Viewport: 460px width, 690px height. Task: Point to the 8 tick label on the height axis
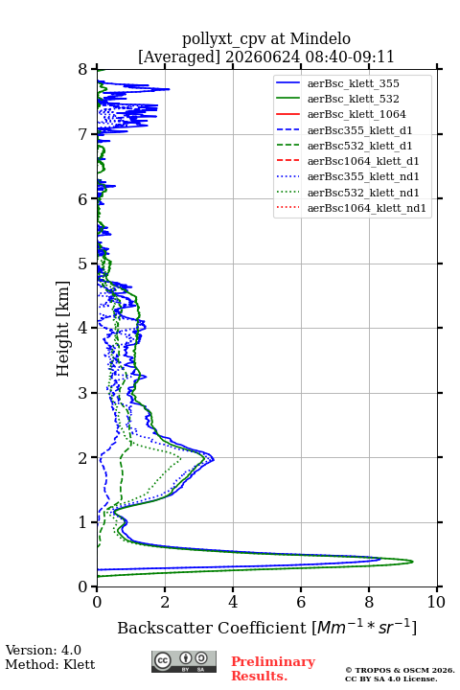(83, 70)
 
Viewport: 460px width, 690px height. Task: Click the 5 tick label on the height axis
(83, 264)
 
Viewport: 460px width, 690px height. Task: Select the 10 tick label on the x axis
(436, 602)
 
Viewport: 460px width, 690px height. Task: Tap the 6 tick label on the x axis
(301, 602)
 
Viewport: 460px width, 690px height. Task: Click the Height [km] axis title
(63, 329)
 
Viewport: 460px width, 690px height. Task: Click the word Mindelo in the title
(320, 38)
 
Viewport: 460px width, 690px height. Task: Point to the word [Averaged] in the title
(179, 57)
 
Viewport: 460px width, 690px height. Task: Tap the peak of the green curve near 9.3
(413, 562)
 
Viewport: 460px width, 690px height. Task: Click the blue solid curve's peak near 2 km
(214, 460)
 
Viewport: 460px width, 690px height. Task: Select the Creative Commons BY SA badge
(184, 661)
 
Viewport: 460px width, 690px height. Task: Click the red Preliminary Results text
(273, 669)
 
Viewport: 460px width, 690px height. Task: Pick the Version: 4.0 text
(43, 650)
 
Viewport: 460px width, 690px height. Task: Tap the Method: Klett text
(50, 664)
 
